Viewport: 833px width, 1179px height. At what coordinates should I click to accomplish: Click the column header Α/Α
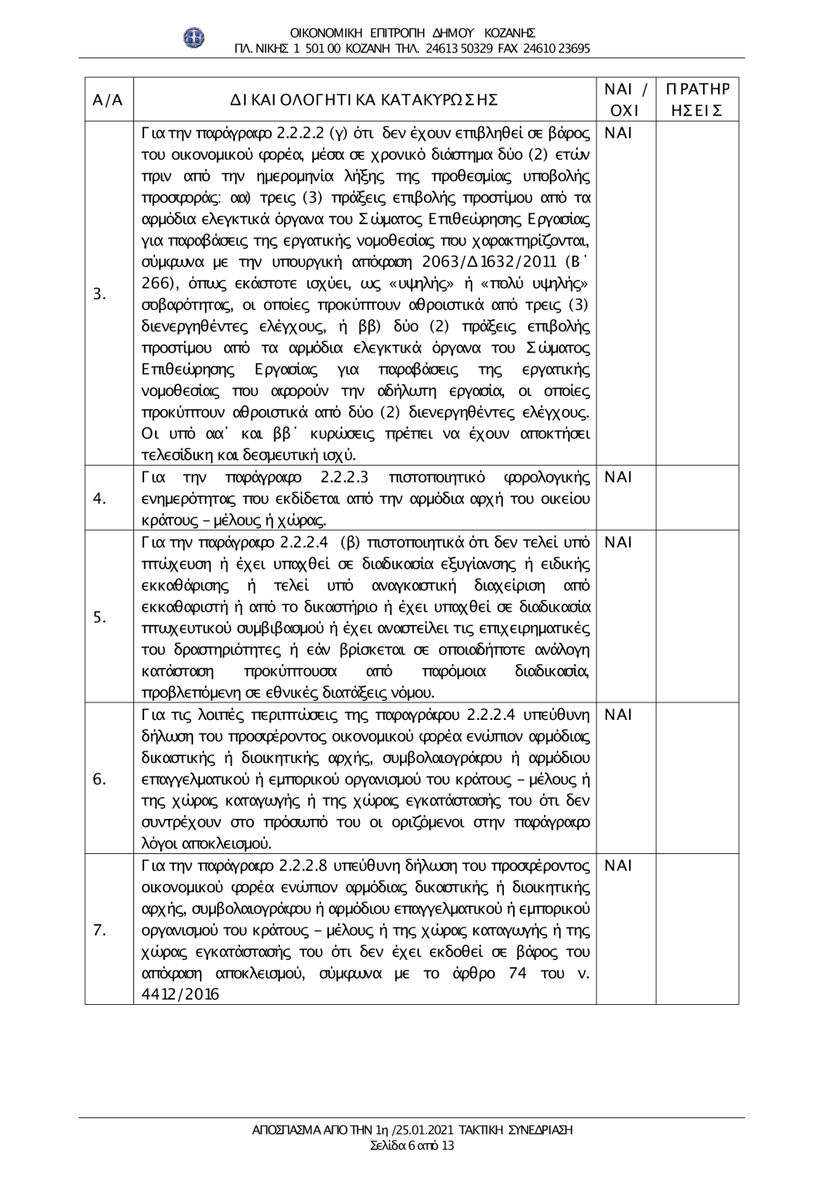[x=108, y=100]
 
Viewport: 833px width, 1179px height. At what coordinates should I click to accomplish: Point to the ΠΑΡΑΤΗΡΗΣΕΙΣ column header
[x=696, y=100]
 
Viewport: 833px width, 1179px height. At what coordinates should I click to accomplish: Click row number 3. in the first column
[x=99, y=293]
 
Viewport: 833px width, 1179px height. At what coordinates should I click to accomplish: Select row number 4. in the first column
[x=99, y=498]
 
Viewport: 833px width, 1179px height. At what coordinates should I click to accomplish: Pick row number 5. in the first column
[x=99, y=617]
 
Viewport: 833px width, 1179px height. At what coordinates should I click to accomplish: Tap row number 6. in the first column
[x=99, y=779]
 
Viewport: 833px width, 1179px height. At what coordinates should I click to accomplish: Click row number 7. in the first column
[x=99, y=930]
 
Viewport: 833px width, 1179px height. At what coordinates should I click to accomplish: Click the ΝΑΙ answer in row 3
[x=619, y=133]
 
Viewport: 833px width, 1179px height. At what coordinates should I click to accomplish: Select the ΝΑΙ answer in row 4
[x=619, y=477]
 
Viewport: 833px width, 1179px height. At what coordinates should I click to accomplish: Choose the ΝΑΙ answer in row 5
[x=619, y=542]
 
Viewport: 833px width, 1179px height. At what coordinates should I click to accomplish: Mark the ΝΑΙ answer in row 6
[x=619, y=715]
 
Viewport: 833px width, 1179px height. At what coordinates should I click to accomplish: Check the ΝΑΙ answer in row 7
[x=619, y=866]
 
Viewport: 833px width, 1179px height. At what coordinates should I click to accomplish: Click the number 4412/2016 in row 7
[x=181, y=995]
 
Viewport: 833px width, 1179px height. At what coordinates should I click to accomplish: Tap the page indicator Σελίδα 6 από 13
[x=412, y=1145]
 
